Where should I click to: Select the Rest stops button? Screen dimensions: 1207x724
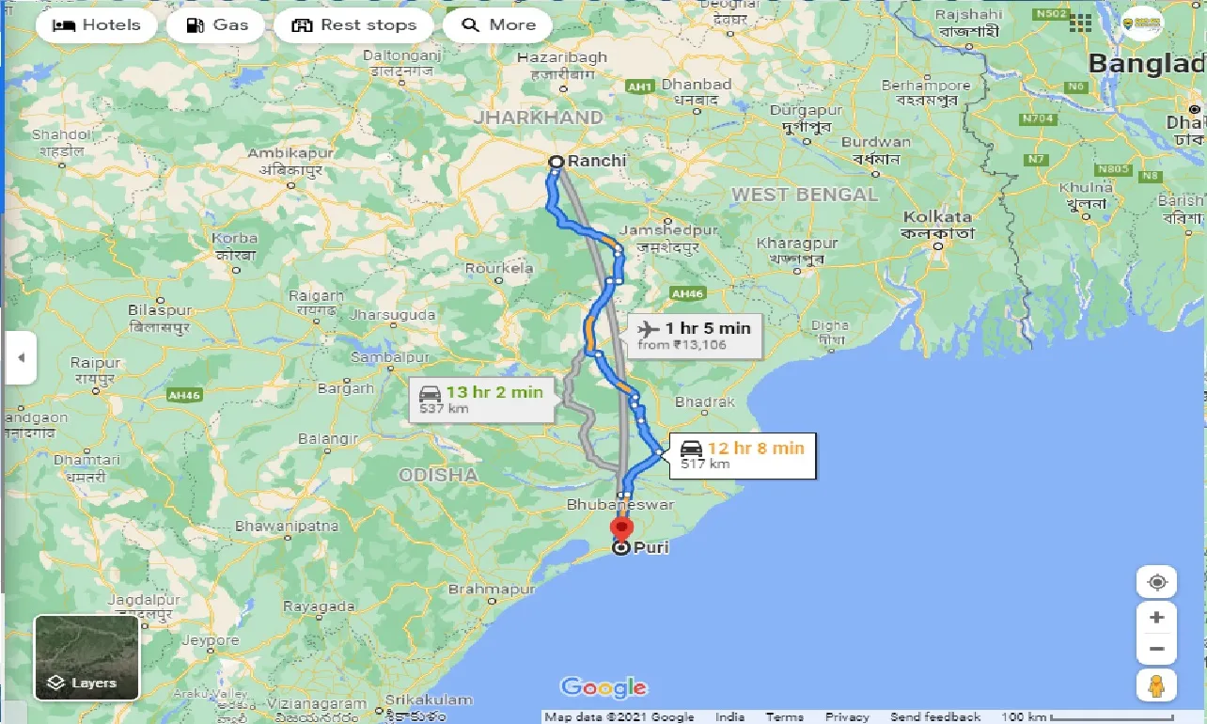click(x=353, y=25)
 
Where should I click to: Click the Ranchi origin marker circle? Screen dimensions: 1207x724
click(x=556, y=162)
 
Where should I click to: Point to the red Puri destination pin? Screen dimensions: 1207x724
click(x=621, y=528)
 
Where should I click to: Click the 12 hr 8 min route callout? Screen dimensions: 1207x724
click(x=743, y=455)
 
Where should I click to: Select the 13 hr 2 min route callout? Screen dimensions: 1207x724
click(x=481, y=400)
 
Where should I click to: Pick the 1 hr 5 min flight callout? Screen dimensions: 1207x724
click(x=696, y=335)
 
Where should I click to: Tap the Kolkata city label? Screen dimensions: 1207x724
click(x=937, y=217)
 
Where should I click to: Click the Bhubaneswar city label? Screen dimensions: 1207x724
click(x=620, y=505)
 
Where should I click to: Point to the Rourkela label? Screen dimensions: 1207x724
click(x=499, y=268)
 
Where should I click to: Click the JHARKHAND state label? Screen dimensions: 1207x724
click(x=539, y=118)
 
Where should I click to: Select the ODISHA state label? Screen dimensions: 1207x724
click(x=438, y=475)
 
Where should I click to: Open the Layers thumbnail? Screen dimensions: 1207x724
click(x=86, y=657)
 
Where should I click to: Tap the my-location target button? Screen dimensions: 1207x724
click(x=1156, y=582)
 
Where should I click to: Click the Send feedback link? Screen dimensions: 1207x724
click(x=935, y=716)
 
